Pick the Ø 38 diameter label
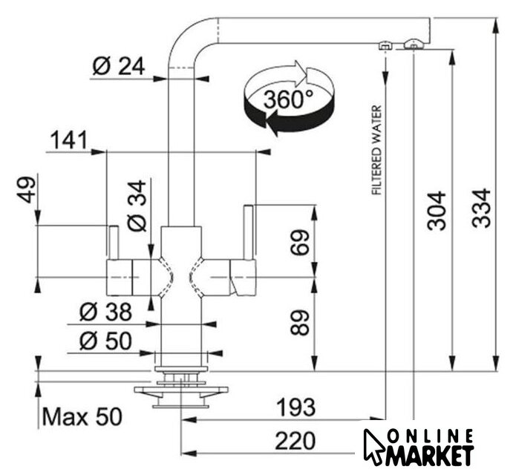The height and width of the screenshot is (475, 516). [x=105, y=311]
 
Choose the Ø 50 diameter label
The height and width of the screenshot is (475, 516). [x=105, y=341]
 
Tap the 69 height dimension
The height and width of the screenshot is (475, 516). [x=300, y=242]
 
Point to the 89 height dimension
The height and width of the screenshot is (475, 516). [x=300, y=321]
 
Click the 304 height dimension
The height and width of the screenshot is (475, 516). [x=438, y=211]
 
